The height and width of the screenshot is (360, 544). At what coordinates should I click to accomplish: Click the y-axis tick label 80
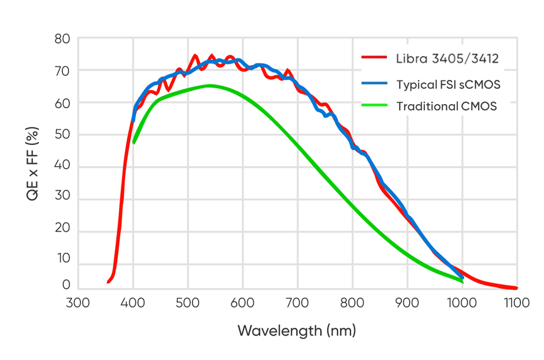pyautogui.click(x=62, y=39)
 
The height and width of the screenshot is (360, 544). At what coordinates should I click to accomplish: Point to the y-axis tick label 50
pyautogui.click(x=62, y=135)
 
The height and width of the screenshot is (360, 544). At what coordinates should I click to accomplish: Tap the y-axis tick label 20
pyautogui.click(x=62, y=232)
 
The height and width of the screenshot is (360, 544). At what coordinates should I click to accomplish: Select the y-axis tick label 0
pyautogui.click(x=66, y=285)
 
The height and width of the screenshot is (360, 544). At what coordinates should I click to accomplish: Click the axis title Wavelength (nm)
pyautogui.click(x=296, y=330)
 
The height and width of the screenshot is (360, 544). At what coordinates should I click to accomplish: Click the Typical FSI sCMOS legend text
pyautogui.click(x=448, y=84)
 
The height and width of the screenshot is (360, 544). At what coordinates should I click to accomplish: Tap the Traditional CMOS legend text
pyautogui.click(x=447, y=107)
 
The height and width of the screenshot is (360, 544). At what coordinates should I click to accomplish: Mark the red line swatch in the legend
pyautogui.click(x=374, y=58)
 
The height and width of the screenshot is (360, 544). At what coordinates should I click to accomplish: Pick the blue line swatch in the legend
pyautogui.click(x=374, y=82)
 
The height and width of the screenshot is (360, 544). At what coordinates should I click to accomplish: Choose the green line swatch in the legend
pyautogui.click(x=374, y=106)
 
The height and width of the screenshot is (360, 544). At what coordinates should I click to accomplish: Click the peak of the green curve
pyautogui.click(x=209, y=86)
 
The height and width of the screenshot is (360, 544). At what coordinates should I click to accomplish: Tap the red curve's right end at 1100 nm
pyautogui.click(x=516, y=288)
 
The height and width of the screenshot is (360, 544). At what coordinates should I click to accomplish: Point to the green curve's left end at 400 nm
pyautogui.click(x=134, y=143)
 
